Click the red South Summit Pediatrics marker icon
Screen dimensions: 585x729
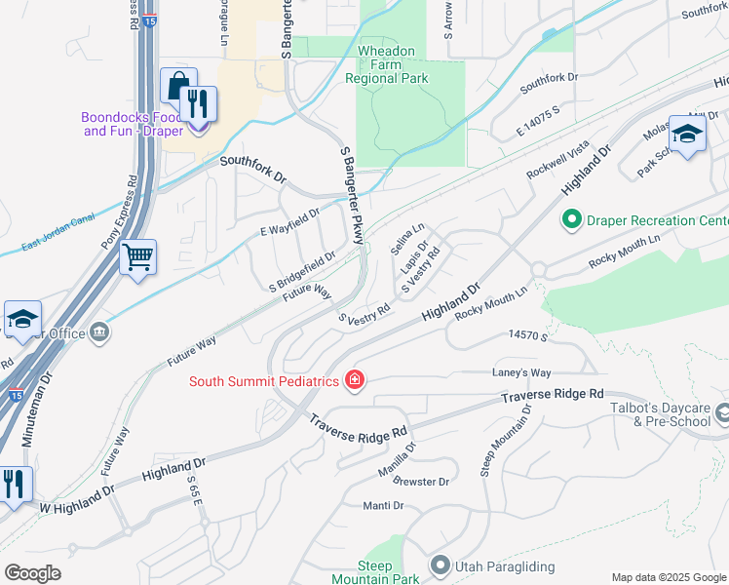[355, 381]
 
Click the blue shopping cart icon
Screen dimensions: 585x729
[137, 258]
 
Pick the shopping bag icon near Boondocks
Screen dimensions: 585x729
[178, 87]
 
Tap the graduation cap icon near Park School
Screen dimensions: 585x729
[687, 135]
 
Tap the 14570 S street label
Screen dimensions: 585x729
[528, 334]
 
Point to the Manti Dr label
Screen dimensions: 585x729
[383, 505]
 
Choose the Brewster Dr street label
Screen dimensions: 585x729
[423, 482]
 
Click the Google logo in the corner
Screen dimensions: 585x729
[32, 573]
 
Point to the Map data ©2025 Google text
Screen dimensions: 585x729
[668, 577]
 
